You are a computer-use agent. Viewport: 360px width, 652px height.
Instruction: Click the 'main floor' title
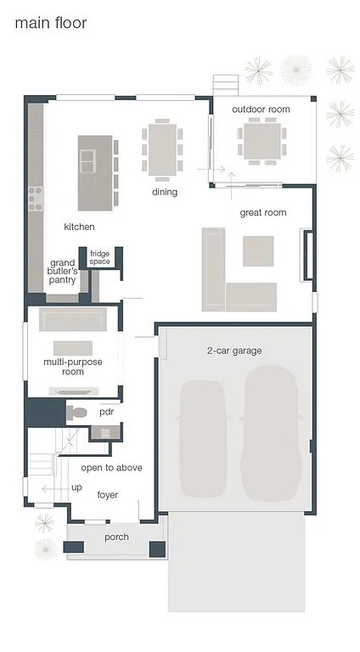51,23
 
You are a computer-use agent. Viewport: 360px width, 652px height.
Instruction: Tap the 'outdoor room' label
262,110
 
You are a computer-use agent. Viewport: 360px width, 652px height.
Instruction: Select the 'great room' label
263,213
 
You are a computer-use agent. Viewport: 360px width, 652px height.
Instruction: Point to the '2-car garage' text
234,351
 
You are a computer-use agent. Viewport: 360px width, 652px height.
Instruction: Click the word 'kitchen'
79,228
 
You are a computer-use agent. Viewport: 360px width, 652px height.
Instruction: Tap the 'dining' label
165,193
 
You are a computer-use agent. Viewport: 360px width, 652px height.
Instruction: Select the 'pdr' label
106,412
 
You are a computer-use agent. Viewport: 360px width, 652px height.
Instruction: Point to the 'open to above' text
111,468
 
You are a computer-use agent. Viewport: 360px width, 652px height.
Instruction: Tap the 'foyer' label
108,495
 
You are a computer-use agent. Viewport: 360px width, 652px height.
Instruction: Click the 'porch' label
116,537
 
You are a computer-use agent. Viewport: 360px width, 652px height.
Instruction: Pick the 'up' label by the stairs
76,487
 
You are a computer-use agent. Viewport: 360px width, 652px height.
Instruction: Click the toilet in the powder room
78,413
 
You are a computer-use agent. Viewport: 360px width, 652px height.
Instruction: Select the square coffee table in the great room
259,250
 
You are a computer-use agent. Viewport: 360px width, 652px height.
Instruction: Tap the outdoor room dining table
262,140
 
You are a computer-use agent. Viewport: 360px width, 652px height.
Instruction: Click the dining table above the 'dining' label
162,149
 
